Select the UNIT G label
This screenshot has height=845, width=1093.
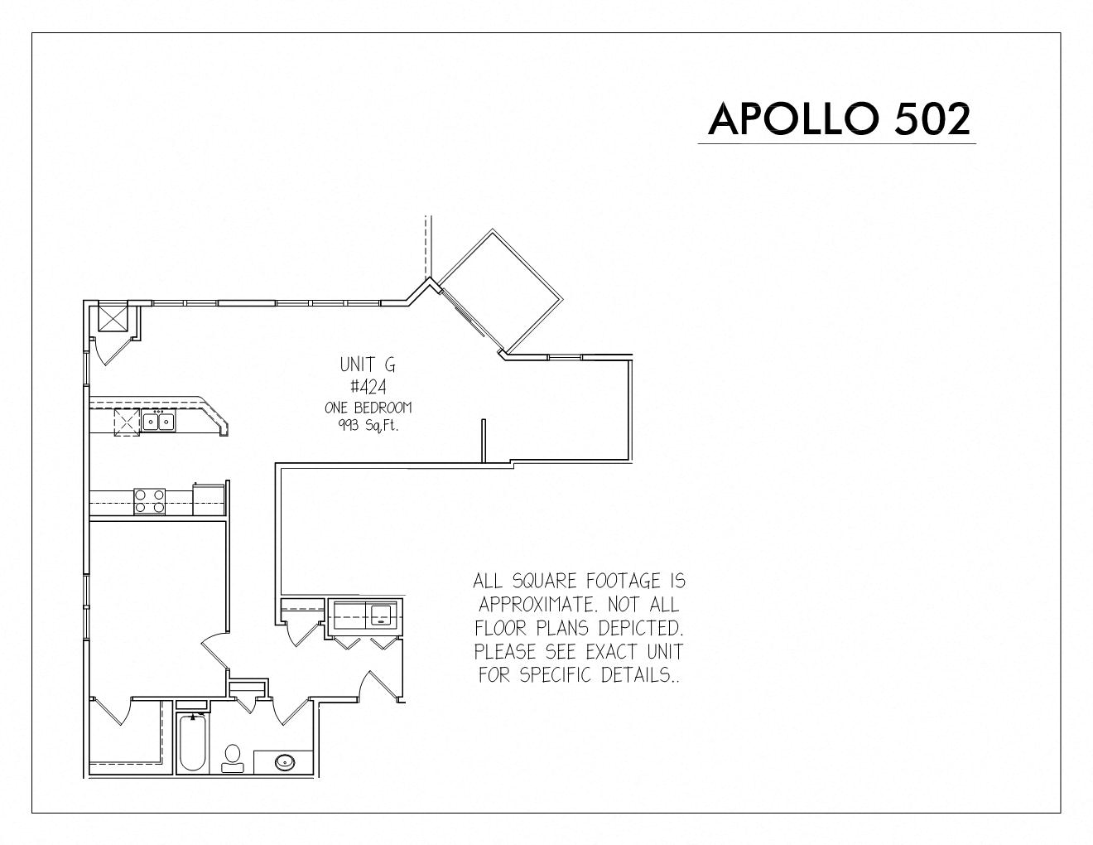pos(368,364)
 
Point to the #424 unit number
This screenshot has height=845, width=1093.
pos(368,387)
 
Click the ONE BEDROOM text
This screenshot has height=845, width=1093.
pos(368,408)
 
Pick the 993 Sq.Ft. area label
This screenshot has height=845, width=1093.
pos(368,426)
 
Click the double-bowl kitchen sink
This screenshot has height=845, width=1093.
pos(158,421)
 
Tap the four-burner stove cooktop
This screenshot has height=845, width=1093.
pos(149,501)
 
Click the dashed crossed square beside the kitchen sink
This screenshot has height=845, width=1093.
pos(127,422)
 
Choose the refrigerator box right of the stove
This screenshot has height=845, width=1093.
pos(208,500)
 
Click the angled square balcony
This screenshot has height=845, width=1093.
pos(500,291)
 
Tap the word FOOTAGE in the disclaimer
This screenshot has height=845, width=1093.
pos(621,581)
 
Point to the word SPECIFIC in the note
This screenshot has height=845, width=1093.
pos(556,674)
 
